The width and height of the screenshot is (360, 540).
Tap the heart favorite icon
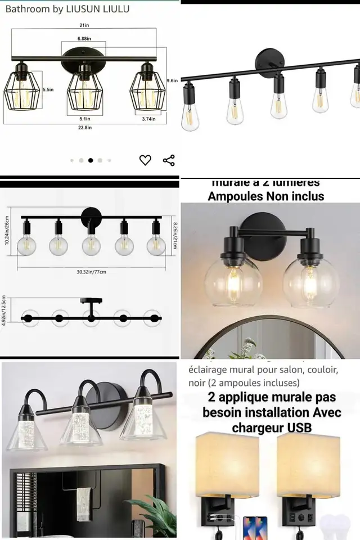coord(145,160)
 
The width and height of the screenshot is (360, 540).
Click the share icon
coord(169,160)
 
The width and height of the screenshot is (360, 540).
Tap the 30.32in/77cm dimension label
coord(91,272)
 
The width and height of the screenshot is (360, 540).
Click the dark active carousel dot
coord(91,160)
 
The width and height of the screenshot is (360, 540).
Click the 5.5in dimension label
coord(48,90)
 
